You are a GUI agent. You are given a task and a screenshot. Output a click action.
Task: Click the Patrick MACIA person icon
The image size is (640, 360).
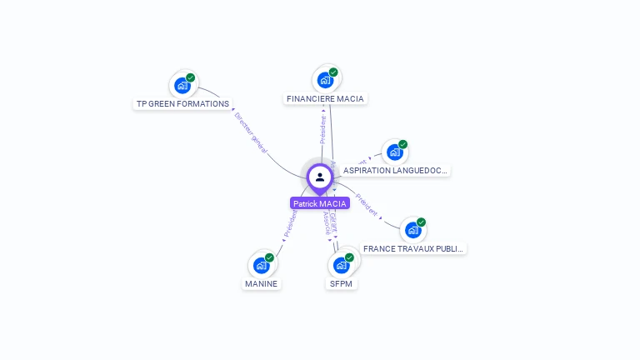[x=320, y=177]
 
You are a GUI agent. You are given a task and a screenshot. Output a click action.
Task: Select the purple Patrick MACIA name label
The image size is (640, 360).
[x=320, y=203]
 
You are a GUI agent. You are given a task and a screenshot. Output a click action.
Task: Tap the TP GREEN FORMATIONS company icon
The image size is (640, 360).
[x=182, y=85]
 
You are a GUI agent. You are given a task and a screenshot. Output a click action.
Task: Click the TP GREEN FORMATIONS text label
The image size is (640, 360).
[x=182, y=104]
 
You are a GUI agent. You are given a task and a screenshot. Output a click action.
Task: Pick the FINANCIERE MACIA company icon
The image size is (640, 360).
[x=325, y=80]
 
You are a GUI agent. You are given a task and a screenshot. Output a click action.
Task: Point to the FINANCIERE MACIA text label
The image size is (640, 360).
[x=325, y=98]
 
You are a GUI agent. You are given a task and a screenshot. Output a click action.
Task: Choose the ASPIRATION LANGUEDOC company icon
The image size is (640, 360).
[x=395, y=152]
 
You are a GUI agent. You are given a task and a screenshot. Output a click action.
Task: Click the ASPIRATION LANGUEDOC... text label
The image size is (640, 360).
[x=396, y=170]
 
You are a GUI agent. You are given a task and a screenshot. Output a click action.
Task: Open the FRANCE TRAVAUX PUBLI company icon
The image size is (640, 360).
[x=412, y=230]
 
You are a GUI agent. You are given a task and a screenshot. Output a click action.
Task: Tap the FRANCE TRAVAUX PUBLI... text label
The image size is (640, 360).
[x=414, y=248]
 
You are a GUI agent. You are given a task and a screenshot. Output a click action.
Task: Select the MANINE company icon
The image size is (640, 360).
[x=262, y=265]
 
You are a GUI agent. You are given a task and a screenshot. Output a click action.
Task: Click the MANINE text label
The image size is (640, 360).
[x=262, y=283]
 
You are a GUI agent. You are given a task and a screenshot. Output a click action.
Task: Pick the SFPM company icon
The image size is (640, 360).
[x=341, y=265]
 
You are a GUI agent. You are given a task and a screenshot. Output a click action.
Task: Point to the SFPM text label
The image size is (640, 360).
[x=341, y=283]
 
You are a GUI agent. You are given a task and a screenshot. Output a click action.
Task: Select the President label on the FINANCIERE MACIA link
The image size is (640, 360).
[x=323, y=129]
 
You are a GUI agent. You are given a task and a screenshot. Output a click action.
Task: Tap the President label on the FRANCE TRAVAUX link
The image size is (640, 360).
[x=367, y=205]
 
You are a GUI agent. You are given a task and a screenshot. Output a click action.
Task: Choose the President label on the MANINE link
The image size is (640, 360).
[x=290, y=223]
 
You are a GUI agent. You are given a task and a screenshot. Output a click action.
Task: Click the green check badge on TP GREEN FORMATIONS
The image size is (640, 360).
[x=191, y=77]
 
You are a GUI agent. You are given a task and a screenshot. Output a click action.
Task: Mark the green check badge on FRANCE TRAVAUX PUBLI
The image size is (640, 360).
[x=422, y=222]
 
